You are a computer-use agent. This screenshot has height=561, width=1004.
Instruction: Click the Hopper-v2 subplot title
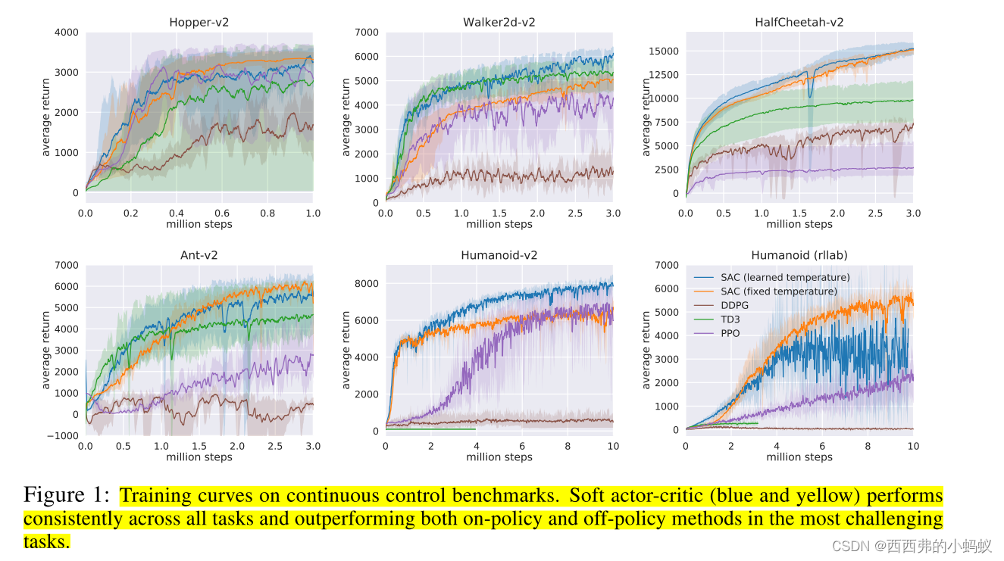pyautogui.click(x=199, y=23)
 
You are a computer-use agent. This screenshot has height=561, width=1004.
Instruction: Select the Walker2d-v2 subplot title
pyautogui.click(x=499, y=23)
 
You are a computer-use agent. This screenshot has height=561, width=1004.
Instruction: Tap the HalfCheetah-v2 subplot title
pyautogui.click(x=799, y=23)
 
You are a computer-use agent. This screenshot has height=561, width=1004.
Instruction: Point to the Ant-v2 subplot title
pyautogui.click(x=199, y=255)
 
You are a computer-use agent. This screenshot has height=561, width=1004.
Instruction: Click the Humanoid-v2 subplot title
pyautogui.click(x=499, y=255)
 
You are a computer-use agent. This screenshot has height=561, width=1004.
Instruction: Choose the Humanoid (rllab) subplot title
pyautogui.click(x=799, y=255)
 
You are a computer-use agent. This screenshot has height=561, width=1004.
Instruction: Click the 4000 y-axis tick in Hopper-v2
pyautogui.click(x=66, y=33)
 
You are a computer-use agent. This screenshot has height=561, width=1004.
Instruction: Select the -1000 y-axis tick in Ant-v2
pyautogui.click(x=63, y=435)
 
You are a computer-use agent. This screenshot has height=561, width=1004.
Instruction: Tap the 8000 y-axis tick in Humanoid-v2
pyautogui.click(x=367, y=284)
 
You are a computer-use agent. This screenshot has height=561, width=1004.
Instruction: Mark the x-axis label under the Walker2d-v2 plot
pyautogui.click(x=499, y=224)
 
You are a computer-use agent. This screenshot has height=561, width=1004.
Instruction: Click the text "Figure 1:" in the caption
pyautogui.click(x=67, y=496)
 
